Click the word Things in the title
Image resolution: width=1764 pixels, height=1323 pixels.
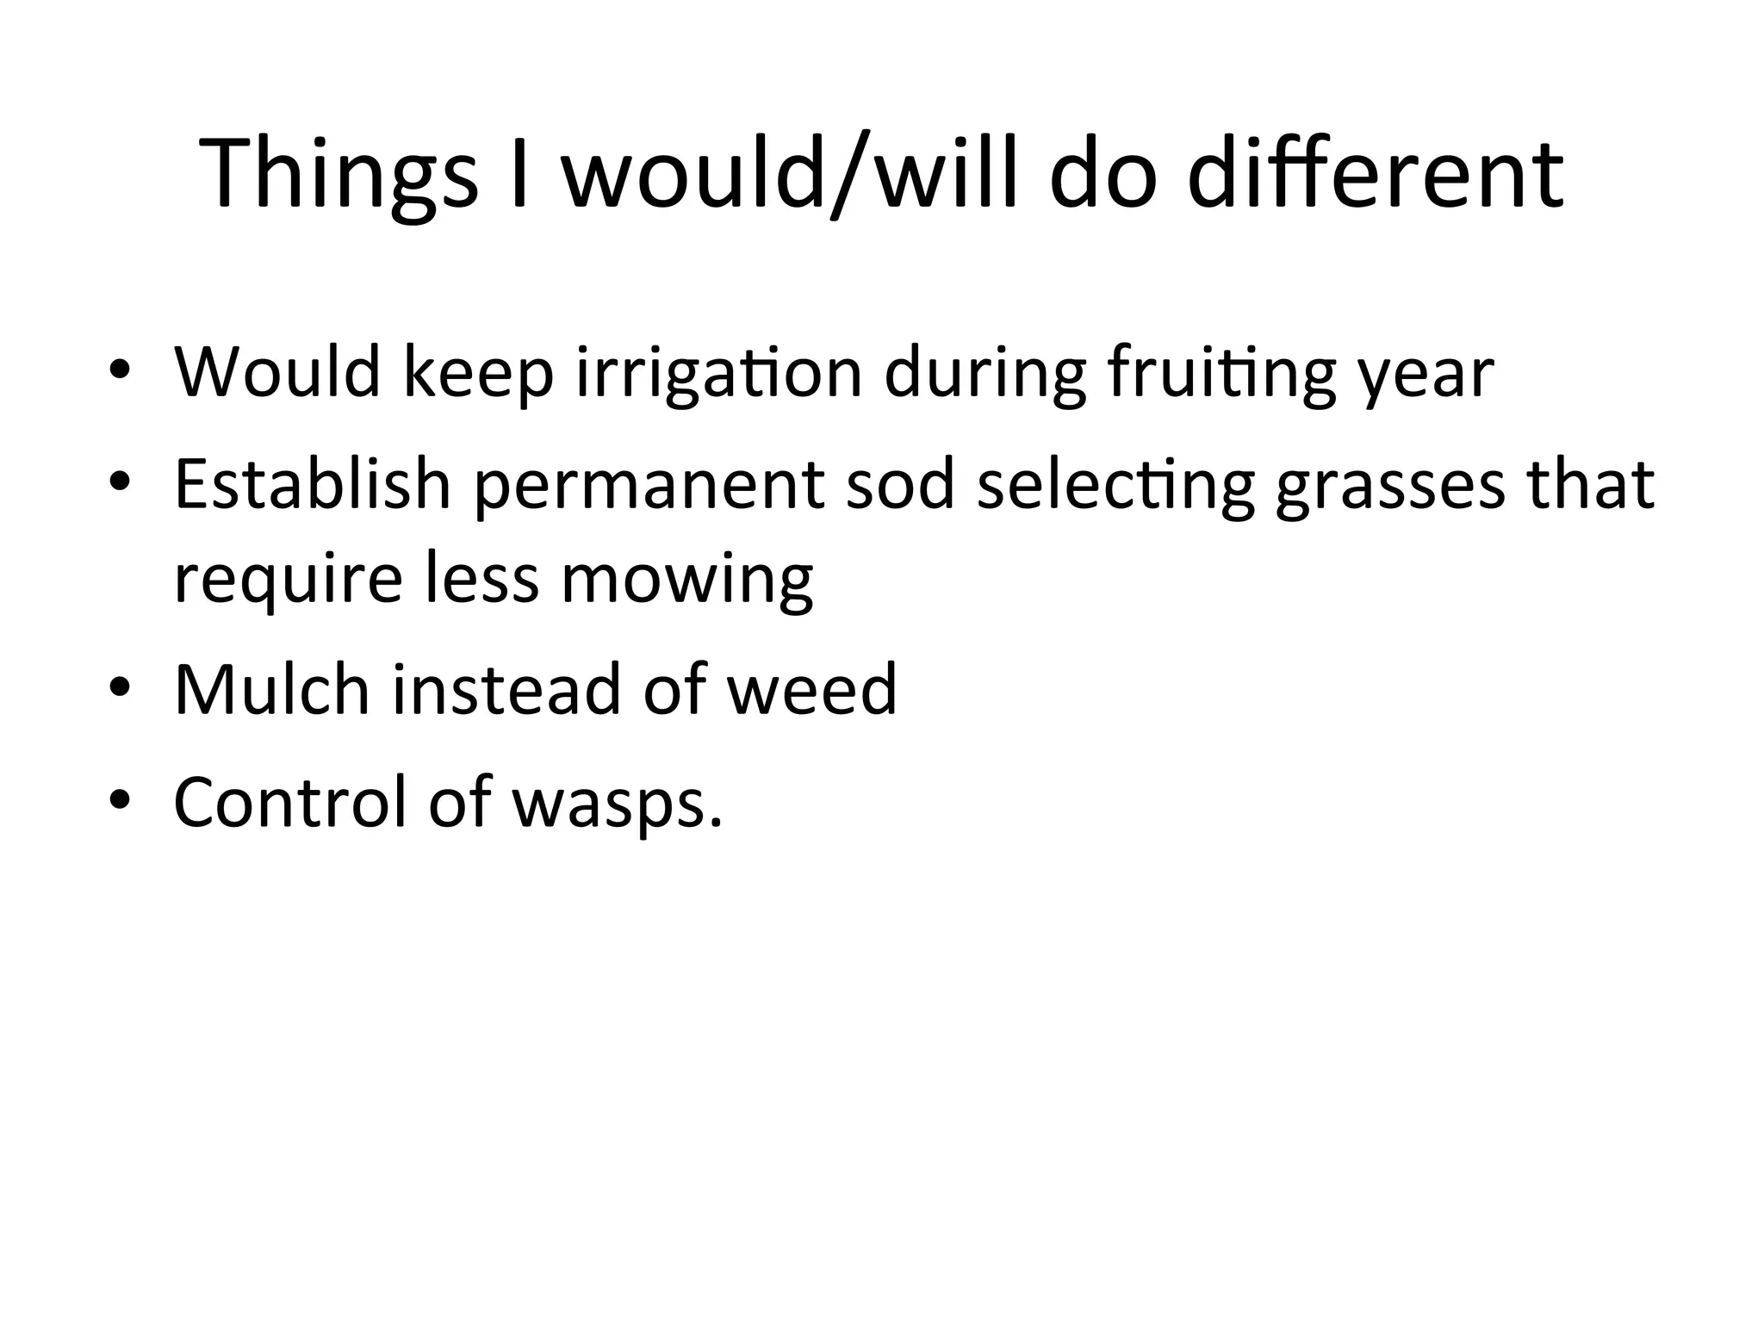pyautogui.click(x=339, y=173)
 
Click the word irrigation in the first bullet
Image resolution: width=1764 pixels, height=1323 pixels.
pyautogui.click(x=719, y=374)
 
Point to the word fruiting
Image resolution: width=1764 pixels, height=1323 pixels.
pyautogui.click(x=1221, y=374)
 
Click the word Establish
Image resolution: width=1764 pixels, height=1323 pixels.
pyautogui.click(x=312, y=484)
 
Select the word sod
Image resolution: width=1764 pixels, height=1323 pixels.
pyautogui.click(x=900, y=484)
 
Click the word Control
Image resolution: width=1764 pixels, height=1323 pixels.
pyautogui.click(x=289, y=802)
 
